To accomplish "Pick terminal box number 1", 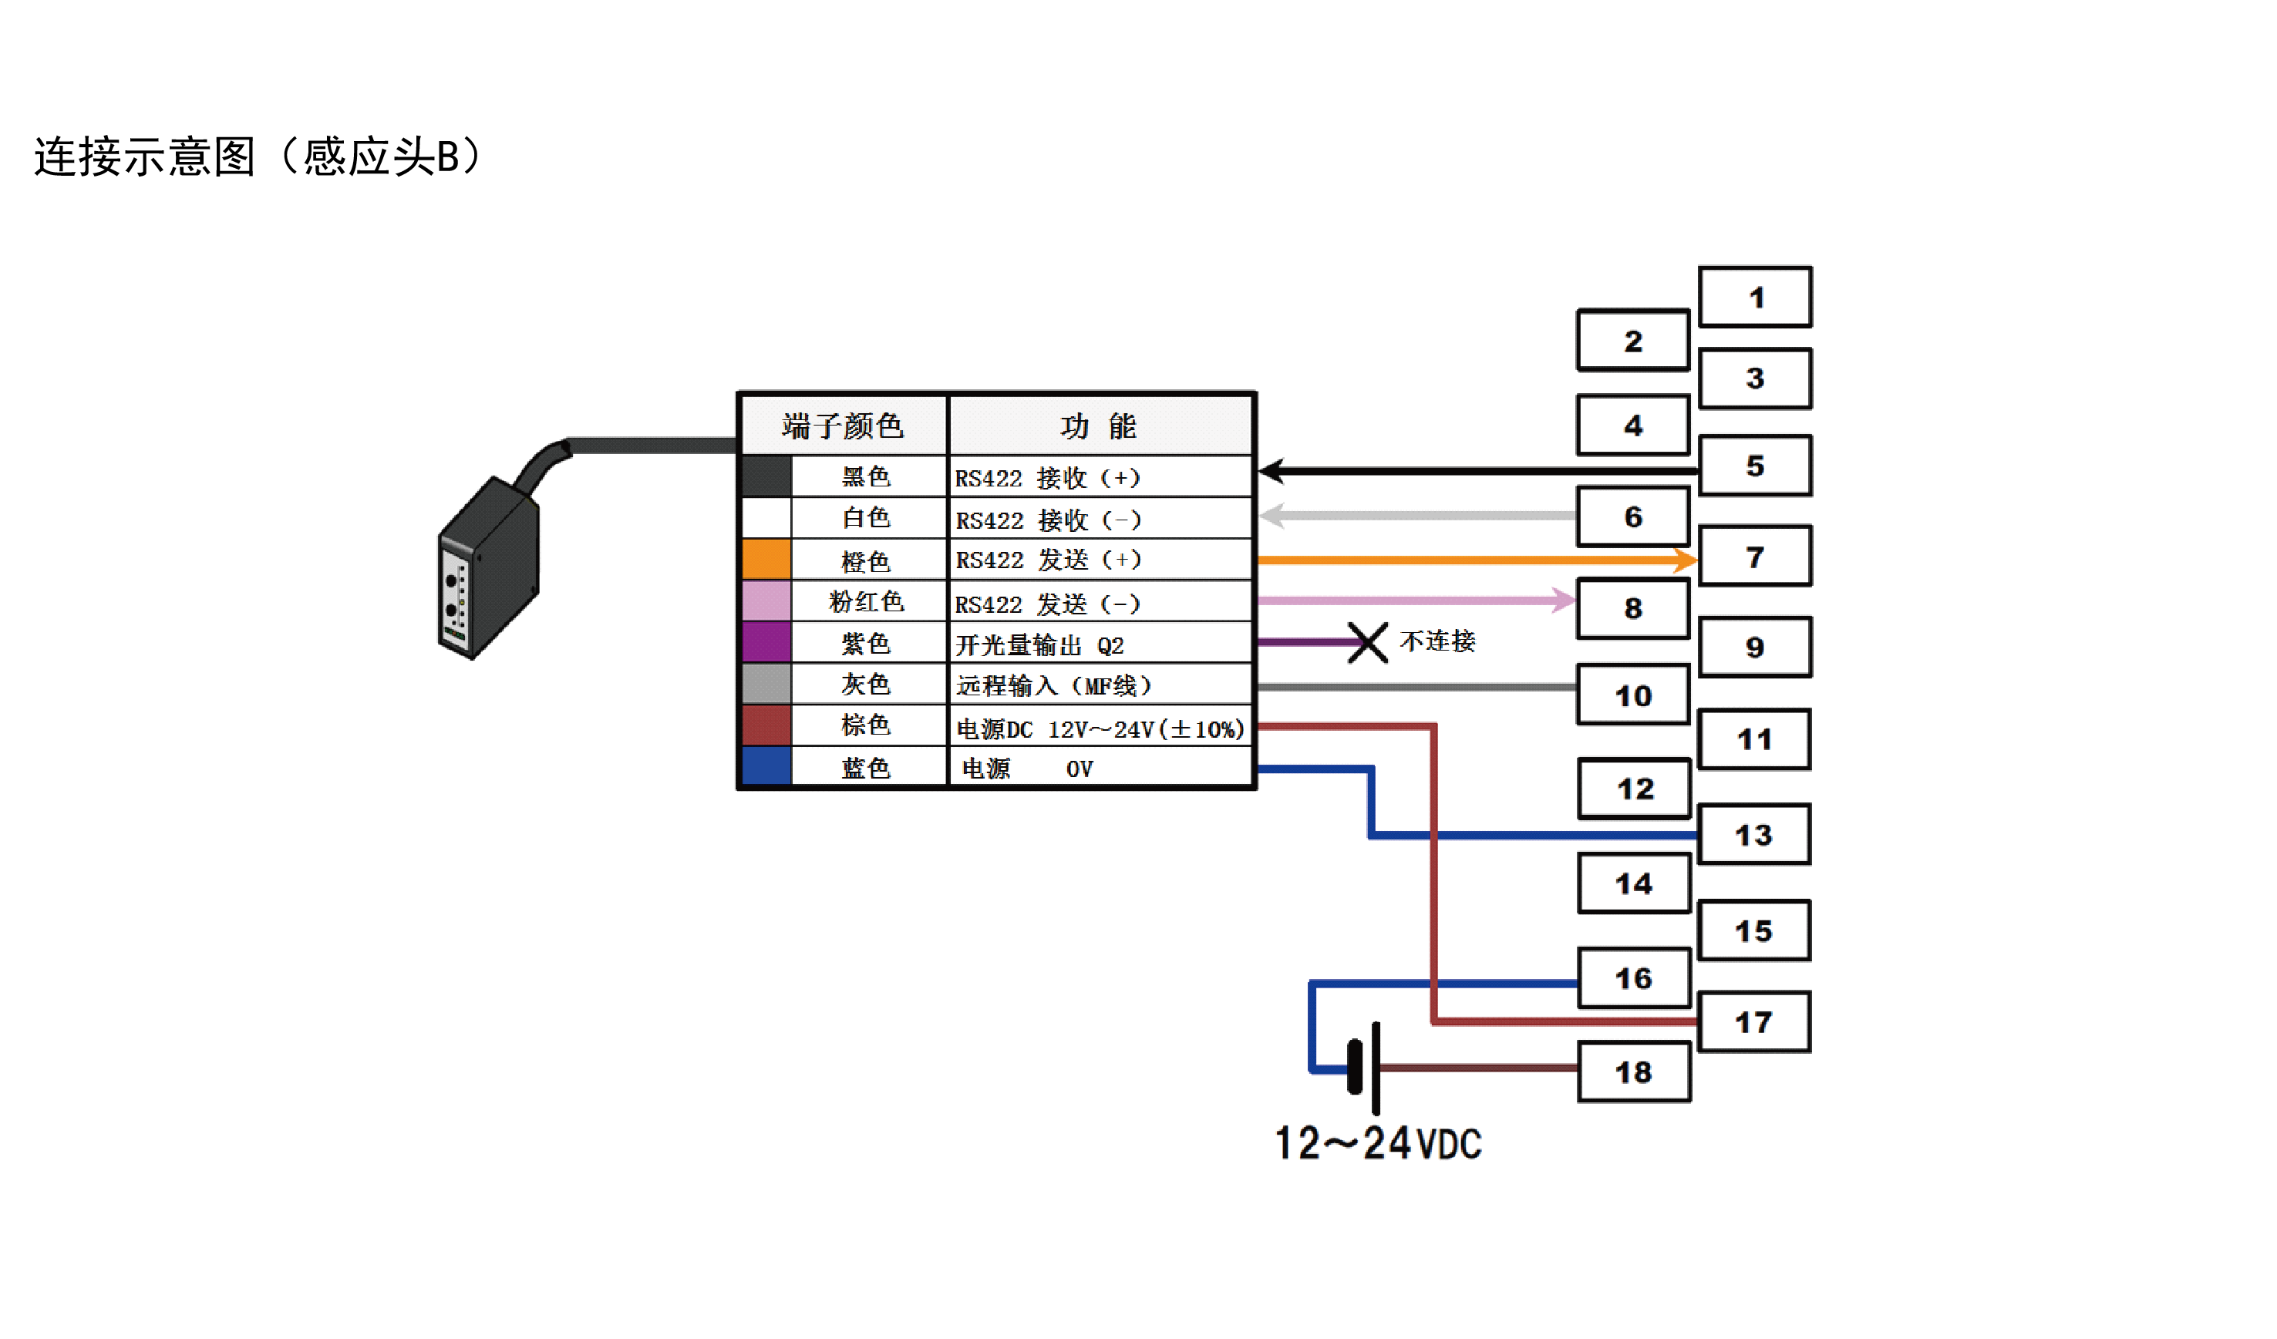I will click(1755, 298).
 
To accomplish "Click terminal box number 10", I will click(1632, 695).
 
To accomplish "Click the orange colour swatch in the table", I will click(766, 560).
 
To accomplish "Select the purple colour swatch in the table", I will click(766, 642).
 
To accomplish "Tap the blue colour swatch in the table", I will click(766, 766).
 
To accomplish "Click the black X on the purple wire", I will click(1367, 642).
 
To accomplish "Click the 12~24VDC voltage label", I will click(1377, 1143).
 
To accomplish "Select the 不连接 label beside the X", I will click(1437, 641).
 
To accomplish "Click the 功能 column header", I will click(1099, 426).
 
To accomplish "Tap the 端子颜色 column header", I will click(842, 426).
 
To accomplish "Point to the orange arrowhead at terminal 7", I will click(1684, 560).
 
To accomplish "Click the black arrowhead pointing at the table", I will click(1272, 471).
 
